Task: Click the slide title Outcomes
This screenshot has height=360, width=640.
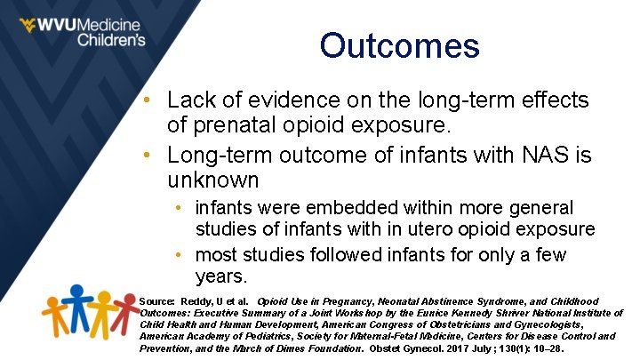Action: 399,46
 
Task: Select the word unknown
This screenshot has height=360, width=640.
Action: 213,180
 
